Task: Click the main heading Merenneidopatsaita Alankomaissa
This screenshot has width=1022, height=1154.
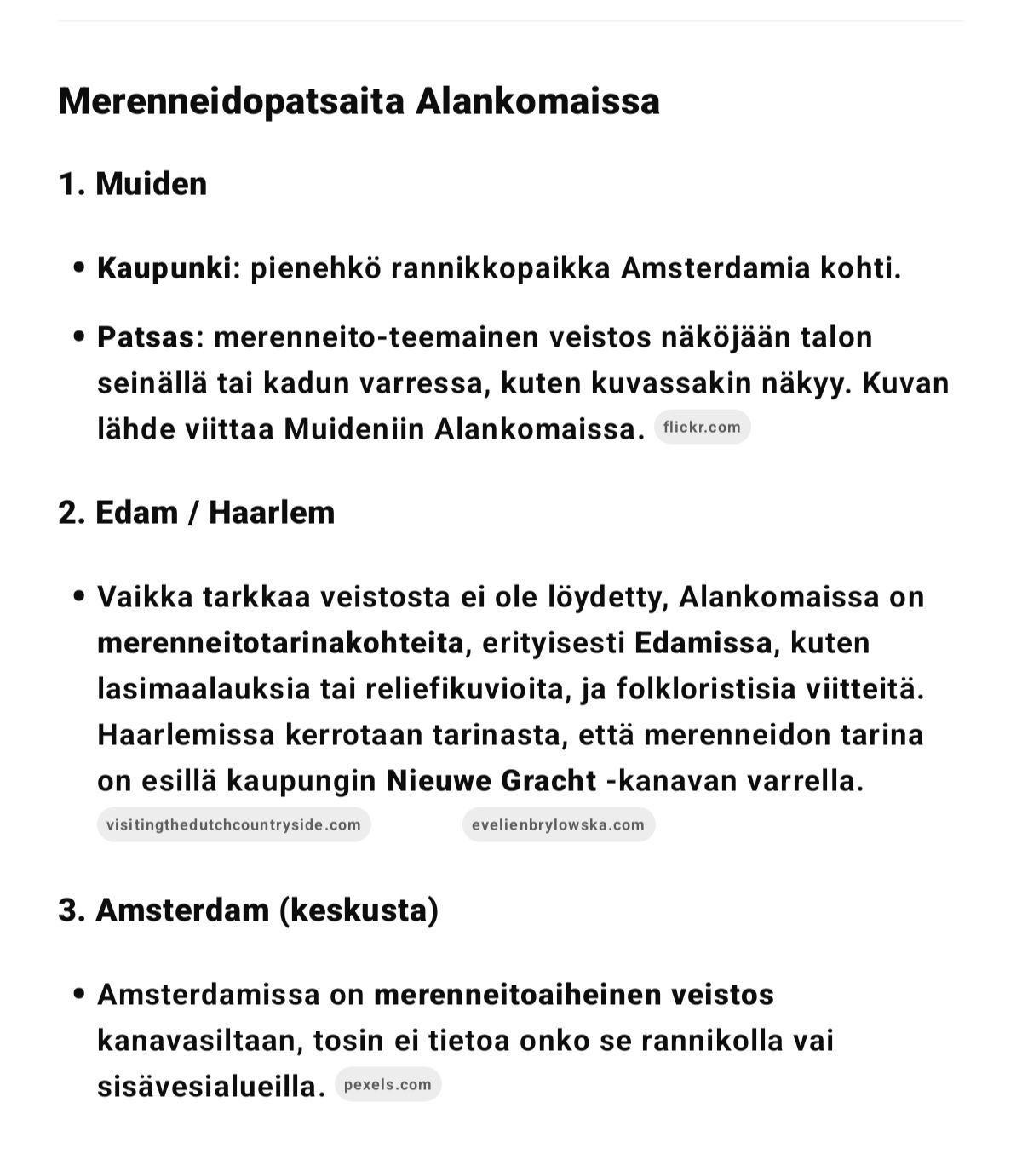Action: click(359, 101)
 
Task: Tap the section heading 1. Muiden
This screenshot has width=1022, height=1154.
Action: click(133, 184)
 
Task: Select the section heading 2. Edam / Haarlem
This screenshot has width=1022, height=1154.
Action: click(197, 513)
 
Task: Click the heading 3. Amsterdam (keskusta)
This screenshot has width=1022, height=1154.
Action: click(248, 910)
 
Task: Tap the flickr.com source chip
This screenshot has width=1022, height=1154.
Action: click(702, 428)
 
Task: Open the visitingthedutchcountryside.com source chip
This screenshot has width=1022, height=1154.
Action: click(233, 824)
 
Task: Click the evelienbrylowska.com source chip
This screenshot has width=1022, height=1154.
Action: click(559, 824)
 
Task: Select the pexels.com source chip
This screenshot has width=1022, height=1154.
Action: click(388, 1085)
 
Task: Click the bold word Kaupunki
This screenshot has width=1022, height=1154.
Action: click(164, 268)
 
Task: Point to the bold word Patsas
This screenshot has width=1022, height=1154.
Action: click(146, 337)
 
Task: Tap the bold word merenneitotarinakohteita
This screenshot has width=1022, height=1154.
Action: click(280, 642)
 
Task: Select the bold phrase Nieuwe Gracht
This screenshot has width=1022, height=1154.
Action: click(491, 780)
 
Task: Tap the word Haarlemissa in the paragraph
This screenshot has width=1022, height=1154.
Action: click(186, 734)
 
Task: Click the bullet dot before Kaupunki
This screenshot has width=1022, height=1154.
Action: click(79, 268)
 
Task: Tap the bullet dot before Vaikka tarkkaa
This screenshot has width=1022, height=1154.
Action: click(79, 597)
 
